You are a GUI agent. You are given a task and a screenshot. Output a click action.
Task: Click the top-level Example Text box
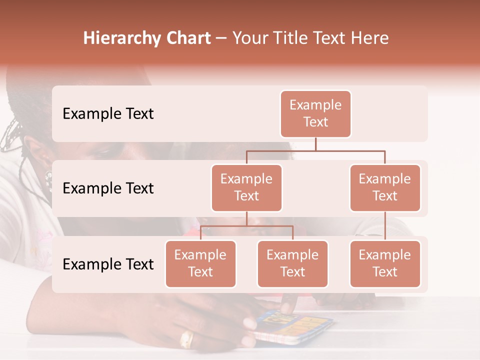[315, 114]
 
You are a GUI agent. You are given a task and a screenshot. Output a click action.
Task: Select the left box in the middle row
[246, 188]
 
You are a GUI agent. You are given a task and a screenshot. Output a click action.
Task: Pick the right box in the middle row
[385, 188]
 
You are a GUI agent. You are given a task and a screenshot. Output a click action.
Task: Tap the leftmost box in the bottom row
[200, 264]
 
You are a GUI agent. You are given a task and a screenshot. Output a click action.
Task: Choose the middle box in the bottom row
[292, 264]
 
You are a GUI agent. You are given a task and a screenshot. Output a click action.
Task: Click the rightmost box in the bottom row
[385, 264]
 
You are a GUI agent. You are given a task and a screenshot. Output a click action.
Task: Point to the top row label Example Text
[108, 114]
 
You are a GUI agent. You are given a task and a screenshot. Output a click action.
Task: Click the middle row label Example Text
[108, 188]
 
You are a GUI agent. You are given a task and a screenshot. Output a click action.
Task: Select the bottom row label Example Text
[108, 264]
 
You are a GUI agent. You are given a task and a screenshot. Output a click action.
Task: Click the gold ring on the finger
[186, 339]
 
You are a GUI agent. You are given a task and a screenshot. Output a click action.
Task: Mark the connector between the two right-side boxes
[385, 226]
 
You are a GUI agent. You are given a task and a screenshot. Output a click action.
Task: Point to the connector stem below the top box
[315, 144]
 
